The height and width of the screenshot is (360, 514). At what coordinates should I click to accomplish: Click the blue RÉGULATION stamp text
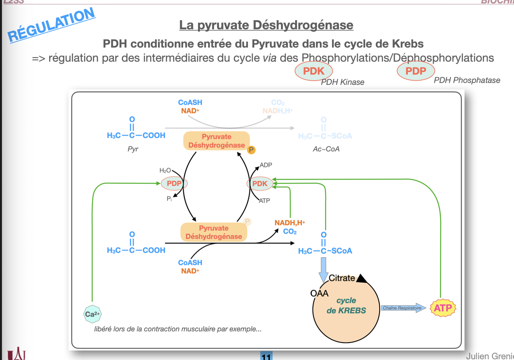(51, 25)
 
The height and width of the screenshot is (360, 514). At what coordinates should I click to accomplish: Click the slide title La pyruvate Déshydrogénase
(266, 25)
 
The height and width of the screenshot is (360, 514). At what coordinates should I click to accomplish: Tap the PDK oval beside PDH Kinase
(314, 71)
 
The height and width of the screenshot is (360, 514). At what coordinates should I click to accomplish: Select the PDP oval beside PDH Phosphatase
(416, 71)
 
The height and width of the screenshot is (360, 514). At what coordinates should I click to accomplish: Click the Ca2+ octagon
(92, 314)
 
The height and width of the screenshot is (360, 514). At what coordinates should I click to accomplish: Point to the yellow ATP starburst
(443, 308)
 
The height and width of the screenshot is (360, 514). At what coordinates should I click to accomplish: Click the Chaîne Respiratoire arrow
(403, 308)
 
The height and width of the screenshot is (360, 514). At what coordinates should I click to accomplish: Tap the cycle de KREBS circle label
(346, 306)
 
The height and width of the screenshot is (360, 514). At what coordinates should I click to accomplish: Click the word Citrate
(342, 278)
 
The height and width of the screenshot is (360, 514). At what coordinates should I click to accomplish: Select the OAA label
(319, 293)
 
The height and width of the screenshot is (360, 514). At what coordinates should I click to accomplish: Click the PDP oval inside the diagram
(174, 183)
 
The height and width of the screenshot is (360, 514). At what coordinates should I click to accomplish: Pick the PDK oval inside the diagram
(260, 184)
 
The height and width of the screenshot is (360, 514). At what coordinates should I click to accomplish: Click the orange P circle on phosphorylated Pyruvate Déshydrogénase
(251, 150)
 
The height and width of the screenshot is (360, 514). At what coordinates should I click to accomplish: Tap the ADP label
(266, 165)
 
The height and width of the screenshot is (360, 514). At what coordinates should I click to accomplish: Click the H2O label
(165, 170)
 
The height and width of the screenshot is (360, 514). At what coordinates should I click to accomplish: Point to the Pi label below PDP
(169, 199)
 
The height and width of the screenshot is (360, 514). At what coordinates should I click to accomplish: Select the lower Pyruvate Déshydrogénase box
(214, 232)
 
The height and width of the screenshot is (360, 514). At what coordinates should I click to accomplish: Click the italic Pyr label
(133, 149)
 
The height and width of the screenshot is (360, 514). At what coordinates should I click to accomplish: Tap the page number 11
(266, 357)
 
